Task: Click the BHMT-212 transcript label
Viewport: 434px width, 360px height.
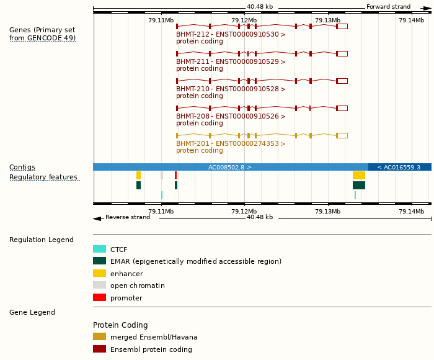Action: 231,35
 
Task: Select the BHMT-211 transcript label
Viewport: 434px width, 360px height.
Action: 231,62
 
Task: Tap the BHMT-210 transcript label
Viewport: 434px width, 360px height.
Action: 231,89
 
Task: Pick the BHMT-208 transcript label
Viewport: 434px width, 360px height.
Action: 231,117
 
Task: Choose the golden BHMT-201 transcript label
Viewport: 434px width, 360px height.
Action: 231,144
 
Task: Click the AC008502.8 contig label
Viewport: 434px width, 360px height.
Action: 229,168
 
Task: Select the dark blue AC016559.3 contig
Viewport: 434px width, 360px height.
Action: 399,168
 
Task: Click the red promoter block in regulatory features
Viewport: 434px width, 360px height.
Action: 175,176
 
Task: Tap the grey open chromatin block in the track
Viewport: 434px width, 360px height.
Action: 162,176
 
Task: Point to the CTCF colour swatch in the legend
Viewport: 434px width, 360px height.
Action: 99,250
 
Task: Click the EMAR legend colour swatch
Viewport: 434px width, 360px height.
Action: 99,261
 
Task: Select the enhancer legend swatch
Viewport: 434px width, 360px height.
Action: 99,274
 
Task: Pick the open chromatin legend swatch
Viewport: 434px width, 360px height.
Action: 99,286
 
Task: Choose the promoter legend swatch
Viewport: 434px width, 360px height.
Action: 99,298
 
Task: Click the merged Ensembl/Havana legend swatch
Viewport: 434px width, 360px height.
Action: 99,337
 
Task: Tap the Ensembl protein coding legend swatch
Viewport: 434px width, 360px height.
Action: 99,349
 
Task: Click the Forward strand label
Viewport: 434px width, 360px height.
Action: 388,7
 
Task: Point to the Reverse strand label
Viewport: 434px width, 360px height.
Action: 128,217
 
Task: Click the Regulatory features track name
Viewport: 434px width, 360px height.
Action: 43,178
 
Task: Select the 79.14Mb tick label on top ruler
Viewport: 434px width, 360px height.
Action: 411,20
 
